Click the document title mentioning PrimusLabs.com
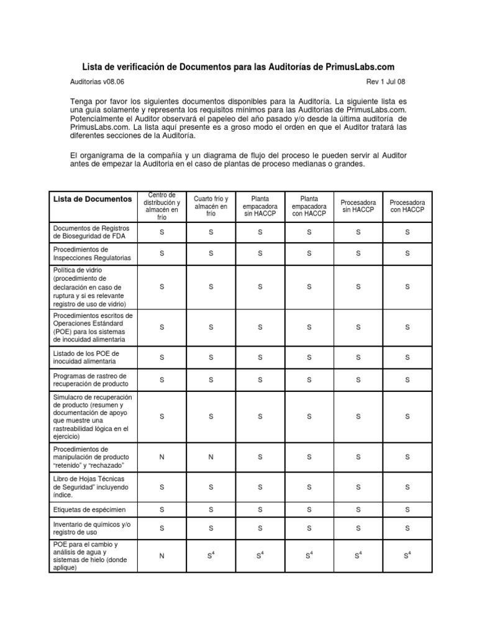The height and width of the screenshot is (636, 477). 238,66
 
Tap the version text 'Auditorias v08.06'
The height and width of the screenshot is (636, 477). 97,81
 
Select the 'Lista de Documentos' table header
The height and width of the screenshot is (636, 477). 93,199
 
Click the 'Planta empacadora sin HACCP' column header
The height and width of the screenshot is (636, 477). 260,207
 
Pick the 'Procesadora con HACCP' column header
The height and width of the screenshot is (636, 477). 407,207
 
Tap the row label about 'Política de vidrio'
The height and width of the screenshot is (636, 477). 90,287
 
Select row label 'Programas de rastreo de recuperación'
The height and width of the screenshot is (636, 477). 90,379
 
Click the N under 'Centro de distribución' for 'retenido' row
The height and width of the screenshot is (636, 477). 162,457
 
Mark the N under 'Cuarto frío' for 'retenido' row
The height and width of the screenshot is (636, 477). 211,457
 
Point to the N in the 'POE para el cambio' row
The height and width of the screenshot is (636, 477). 162,556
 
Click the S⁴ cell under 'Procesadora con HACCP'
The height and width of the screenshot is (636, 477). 407,556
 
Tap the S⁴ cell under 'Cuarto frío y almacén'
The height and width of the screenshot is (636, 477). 211,556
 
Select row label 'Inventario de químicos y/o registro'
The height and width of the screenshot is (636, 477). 92,529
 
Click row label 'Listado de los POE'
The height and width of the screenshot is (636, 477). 86,357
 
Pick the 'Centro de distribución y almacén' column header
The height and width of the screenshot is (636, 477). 162,207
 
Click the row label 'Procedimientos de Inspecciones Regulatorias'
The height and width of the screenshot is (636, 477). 92,253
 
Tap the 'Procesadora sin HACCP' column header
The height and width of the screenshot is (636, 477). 358,207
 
